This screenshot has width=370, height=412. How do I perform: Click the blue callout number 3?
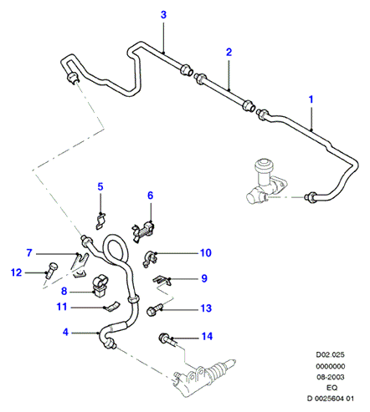[163, 15]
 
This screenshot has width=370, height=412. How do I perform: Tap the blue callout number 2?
[229, 52]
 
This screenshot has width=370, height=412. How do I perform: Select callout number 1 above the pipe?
[311, 99]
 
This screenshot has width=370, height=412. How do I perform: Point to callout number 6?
[151, 196]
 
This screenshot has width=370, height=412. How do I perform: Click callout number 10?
[206, 253]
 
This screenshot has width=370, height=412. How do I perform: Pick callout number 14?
[207, 337]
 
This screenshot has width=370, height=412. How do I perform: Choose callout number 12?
[16, 272]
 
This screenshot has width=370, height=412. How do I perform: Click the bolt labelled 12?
[52, 270]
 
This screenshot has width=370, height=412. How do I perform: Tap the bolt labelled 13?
[153, 309]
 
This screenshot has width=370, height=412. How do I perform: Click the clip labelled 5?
[100, 221]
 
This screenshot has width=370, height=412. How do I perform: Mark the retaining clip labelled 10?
[150, 258]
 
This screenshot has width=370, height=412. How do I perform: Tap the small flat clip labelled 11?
[111, 307]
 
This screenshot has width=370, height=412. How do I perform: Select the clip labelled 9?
[162, 280]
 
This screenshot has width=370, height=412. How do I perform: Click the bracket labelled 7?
[80, 265]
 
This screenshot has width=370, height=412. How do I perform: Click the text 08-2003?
[331, 377]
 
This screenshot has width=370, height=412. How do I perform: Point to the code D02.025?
[330, 354]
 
